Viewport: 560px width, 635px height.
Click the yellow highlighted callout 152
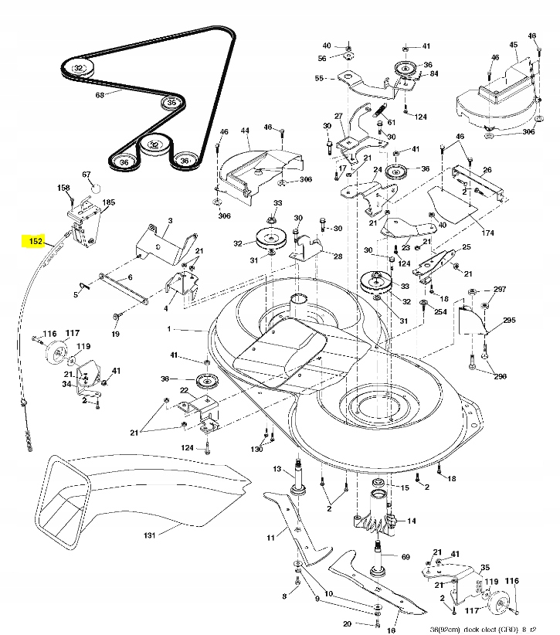(x=35, y=241)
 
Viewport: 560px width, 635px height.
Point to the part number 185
(x=109, y=202)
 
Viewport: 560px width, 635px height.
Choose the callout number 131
(x=149, y=535)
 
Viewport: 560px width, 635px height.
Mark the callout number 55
(x=319, y=78)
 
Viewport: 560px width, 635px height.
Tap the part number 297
(x=500, y=289)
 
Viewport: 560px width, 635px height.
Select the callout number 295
(x=509, y=320)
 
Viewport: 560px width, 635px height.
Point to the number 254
(x=440, y=311)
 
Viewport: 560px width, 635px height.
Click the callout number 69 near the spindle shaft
(x=406, y=555)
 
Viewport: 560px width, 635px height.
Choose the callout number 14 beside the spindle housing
(x=411, y=521)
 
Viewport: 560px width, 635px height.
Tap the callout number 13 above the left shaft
(x=277, y=469)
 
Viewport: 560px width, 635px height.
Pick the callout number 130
(x=256, y=449)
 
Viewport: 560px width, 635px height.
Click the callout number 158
(x=63, y=188)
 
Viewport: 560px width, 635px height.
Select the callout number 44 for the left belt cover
(x=245, y=132)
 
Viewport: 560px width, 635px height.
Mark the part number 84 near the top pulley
(x=433, y=73)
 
